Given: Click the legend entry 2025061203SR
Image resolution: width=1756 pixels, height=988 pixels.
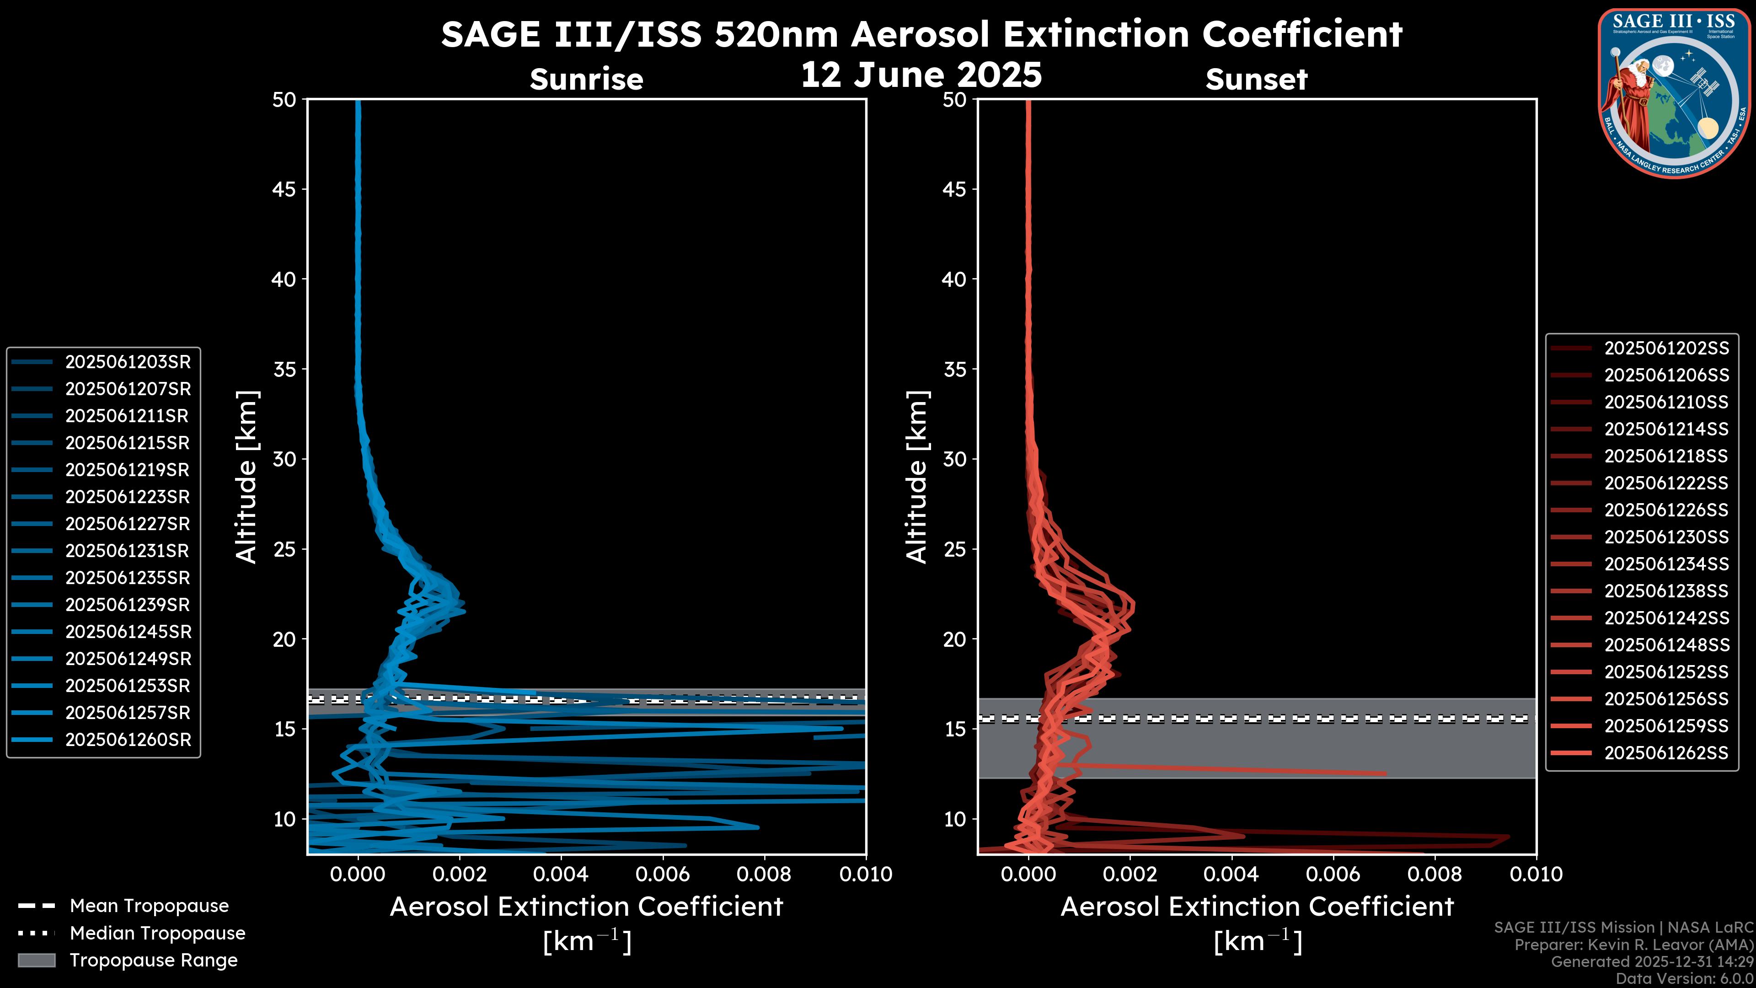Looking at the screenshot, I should coord(128,362).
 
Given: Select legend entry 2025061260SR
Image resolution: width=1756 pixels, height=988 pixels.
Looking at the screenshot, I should coord(128,740).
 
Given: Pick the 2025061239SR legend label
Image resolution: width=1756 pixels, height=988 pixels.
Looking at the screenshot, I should coord(128,605).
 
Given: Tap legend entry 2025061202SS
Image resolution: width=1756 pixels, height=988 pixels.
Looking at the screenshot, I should coord(1666,349).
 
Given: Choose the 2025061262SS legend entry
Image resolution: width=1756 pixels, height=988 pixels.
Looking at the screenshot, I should coord(1666,753).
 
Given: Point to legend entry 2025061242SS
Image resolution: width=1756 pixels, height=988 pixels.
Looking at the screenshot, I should coord(1666,618).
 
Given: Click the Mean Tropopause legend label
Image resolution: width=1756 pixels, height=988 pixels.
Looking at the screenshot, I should coord(149,906).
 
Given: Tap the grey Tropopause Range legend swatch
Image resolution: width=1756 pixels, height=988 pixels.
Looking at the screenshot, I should coord(37,960).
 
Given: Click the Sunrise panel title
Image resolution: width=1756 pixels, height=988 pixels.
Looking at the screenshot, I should coord(586,80).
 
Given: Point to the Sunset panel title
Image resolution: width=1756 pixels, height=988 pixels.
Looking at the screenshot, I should coord(1256,80).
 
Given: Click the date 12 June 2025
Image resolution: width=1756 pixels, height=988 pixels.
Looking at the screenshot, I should coord(921,75).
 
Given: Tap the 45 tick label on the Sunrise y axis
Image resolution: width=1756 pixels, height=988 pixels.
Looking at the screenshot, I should coord(284,189).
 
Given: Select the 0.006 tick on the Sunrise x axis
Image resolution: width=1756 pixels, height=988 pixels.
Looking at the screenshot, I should coord(662,874).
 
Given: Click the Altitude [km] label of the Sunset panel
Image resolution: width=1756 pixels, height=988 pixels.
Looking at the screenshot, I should coord(917,477).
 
